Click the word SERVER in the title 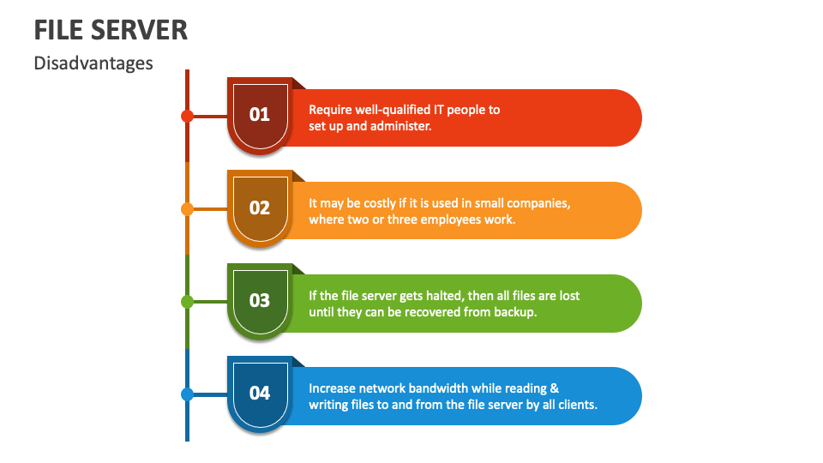(139, 30)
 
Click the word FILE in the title (58, 30)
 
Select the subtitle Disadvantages (93, 63)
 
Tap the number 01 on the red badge (259, 114)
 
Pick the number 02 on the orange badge (259, 207)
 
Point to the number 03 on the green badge (259, 300)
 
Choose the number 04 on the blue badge (259, 394)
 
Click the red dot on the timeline (187, 116)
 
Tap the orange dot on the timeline (187, 209)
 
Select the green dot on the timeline (187, 301)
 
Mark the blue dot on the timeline (187, 394)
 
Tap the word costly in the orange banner (381, 204)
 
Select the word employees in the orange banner (451, 220)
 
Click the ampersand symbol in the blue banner (555, 388)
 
